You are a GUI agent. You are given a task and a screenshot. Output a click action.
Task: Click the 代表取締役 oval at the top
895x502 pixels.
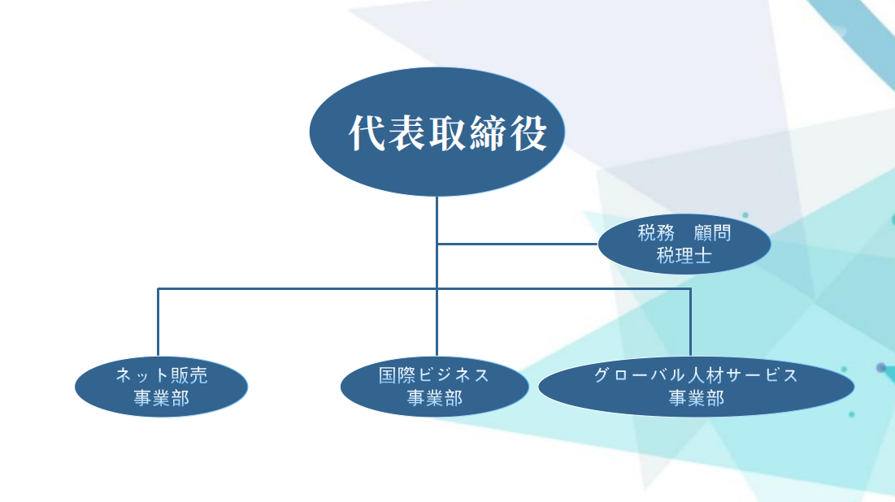437,132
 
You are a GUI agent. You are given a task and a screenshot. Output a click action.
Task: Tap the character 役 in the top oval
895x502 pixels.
528,133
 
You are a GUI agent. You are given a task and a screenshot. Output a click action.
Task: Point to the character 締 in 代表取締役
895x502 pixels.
489,133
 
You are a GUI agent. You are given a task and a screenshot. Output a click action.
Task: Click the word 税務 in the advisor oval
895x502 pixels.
656,233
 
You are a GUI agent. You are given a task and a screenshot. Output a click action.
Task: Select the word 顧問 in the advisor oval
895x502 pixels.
712,233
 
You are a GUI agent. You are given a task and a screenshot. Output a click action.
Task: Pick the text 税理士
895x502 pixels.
684,256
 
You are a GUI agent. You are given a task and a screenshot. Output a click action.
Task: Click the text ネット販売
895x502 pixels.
162,374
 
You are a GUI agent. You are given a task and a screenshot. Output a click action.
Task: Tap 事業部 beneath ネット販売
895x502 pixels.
162,397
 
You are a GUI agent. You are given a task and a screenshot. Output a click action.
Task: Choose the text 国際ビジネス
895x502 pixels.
434,374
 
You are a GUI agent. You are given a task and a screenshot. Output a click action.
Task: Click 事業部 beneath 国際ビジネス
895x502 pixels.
434,397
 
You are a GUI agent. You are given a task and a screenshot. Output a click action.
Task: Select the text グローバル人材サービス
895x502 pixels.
696,374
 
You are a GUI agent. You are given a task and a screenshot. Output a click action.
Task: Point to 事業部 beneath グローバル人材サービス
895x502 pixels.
697,397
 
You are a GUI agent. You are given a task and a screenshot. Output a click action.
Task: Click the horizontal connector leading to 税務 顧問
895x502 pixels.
517,245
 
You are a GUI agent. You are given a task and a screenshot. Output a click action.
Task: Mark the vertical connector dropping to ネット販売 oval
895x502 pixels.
159,322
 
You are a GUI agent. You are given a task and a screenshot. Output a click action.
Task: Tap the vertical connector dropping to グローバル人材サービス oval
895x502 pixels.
690,322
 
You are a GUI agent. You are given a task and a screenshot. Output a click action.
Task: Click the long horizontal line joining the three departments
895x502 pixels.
424,288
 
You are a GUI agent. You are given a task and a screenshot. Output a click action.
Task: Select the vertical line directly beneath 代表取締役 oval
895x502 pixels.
437,276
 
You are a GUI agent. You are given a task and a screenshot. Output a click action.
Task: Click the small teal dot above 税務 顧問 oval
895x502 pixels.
745,215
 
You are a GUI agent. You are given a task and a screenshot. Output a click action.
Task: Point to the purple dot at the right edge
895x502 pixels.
881,368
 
